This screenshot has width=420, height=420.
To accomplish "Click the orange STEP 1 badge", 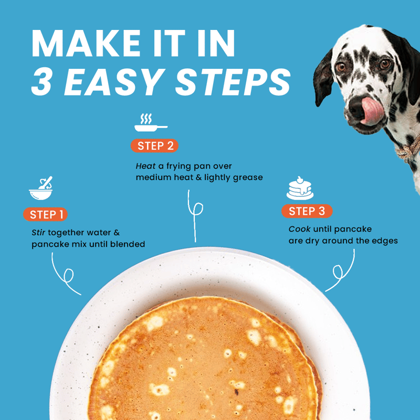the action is point(45,214).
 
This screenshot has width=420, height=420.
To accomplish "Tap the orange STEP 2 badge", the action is point(154,146).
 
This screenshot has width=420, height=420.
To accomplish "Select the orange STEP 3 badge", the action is point(307,211).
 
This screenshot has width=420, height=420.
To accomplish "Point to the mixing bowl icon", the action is point(41,188).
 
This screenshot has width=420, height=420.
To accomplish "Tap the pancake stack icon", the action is point(300,188).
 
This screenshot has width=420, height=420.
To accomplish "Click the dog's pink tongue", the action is point(372,111).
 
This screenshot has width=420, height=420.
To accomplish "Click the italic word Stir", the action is point(38,232).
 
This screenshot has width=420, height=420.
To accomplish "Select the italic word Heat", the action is point(145,166).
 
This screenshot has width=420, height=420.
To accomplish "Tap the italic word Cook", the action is point(299,229).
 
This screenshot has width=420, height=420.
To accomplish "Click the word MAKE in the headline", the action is point(86,43).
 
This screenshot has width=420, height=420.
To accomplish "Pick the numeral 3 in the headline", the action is point(41,82).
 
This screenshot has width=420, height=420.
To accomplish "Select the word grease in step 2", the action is point(248,177).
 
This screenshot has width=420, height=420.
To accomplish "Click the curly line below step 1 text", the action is point(64,277).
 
